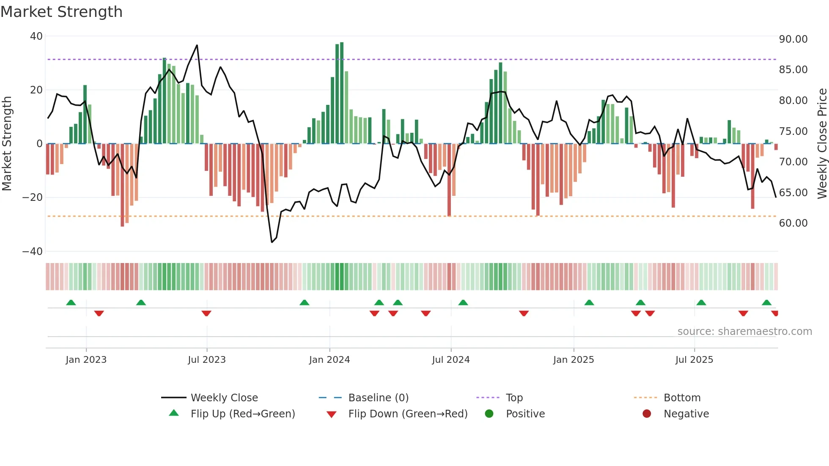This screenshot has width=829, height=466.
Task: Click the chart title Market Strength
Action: pyautogui.click(x=61, y=12)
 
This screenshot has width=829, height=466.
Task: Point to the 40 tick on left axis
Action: pyautogui.click(x=36, y=36)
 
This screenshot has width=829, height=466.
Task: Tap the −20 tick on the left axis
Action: pyautogui.click(x=33, y=197)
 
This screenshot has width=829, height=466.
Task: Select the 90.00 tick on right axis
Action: pyautogui.click(x=793, y=39)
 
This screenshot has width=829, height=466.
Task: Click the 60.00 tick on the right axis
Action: pyautogui.click(x=793, y=223)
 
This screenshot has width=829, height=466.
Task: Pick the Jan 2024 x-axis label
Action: pyautogui.click(x=329, y=360)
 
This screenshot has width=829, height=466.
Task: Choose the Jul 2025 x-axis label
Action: pyautogui.click(x=694, y=360)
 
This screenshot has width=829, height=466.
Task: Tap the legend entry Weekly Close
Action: pyautogui.click(x=224, y=398)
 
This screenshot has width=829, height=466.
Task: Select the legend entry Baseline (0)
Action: pyautogui.click(x=378, y=398)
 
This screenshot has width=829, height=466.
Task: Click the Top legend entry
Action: pyautogui.click(x=514, y=398)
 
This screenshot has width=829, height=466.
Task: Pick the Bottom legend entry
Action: pyautogui.click(x=682, y=398)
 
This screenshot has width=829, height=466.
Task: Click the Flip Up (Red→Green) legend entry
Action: pyautogui.click(x=242, y=414)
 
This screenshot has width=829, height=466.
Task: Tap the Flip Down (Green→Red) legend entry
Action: pyautogui.click(x=408, y=414)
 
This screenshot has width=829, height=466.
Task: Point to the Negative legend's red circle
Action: pyautogui.click(x=647, y=414)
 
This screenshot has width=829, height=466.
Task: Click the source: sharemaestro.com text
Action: pyautogui.click(x=744, y=332)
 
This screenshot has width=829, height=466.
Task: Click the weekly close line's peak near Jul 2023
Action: pyautogui.click(x=197, y=45)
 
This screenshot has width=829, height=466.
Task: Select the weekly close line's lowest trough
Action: pyautogui.click(x=272, y=242)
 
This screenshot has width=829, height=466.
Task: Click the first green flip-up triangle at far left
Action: pyautogui.click(x=71, y=302)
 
